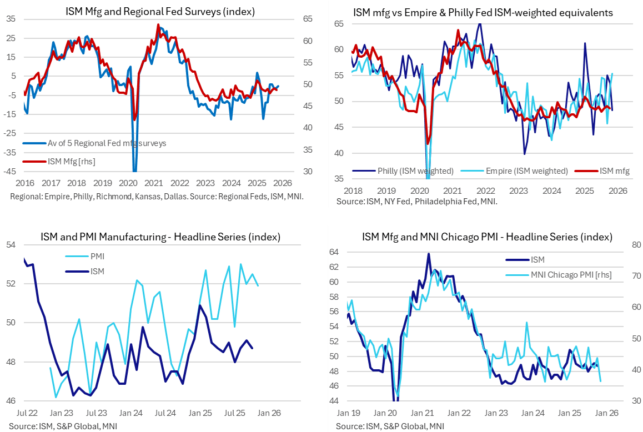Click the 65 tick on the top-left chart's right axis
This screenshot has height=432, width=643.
click(x=307, y=19)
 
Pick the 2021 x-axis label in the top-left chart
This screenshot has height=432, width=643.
click(x=154, y=183)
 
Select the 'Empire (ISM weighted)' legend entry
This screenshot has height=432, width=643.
click(x=528, y=170)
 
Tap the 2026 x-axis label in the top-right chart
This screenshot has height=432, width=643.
click(x=618, y=190)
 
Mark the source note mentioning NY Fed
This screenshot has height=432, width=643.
click(x=416, y=201)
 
